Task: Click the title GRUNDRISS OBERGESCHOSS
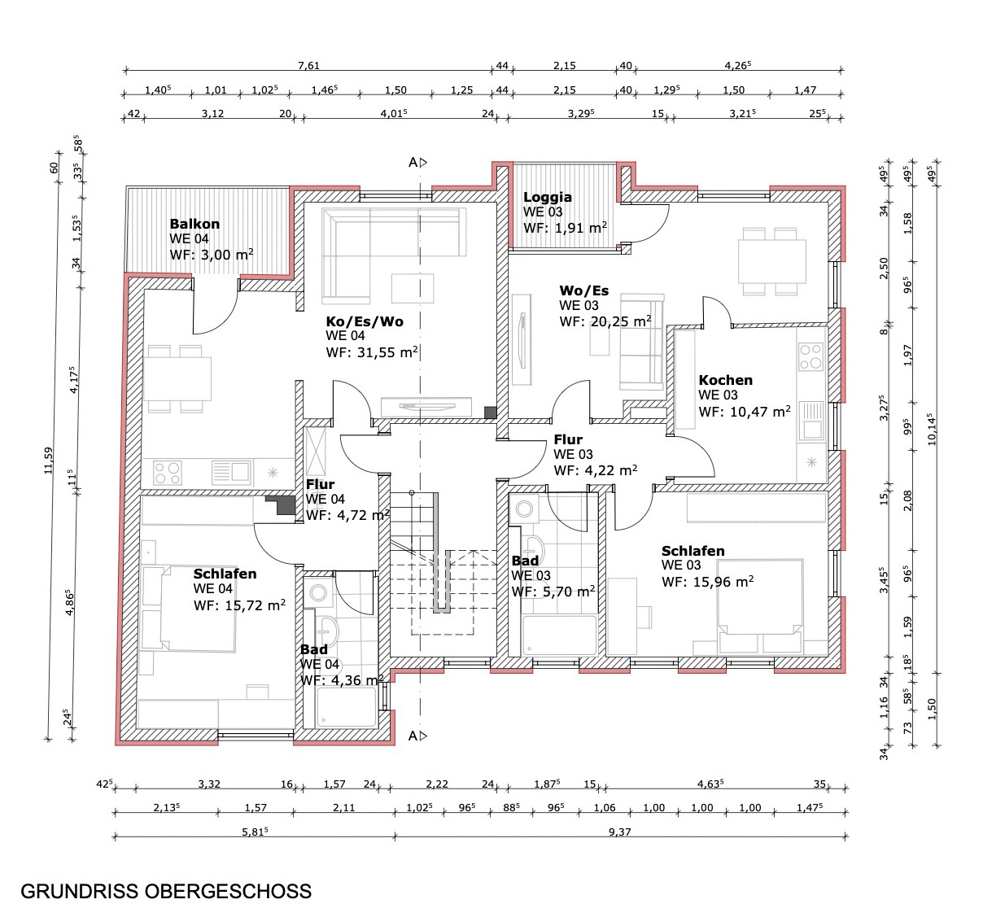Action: tap(166, 891)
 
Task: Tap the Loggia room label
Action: tap(548, 197)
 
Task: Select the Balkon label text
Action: tap(194, 224)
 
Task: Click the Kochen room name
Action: tap(725, 380)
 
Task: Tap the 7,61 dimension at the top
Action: tap(308, 65)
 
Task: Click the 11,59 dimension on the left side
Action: tap(49, 461)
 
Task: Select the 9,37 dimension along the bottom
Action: tap(620, 832)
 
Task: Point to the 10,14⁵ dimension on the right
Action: tap(933, 429)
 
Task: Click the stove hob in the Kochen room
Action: tap(810, 356)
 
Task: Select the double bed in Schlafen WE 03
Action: tap(760, 596)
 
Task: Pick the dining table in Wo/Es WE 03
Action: tap(772, 261)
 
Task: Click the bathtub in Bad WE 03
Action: tap(560, 635)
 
